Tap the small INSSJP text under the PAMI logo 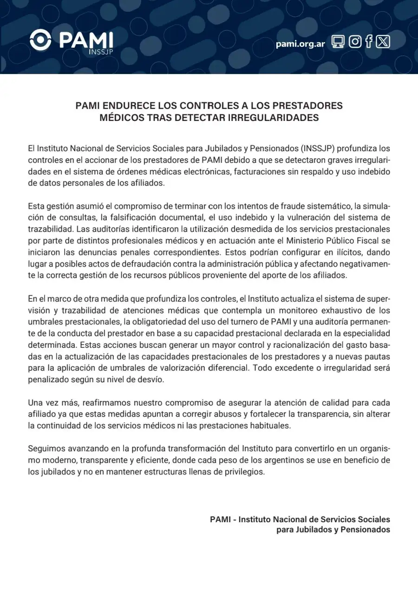100,51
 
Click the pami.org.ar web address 300,44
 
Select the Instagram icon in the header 354,42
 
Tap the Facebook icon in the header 369,42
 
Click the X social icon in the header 383,42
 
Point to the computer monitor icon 339,42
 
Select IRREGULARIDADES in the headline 273,118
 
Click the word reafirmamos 104,402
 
